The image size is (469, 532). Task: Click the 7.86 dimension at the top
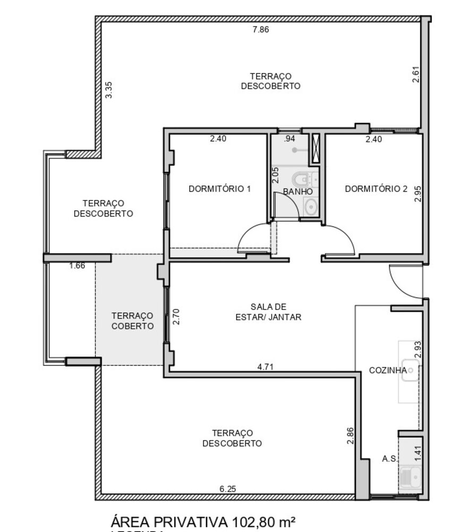click(260, 30)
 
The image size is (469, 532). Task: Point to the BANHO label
click(297, 191)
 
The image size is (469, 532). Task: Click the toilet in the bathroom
click(301, 179)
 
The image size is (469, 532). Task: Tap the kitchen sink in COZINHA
click(411, 370)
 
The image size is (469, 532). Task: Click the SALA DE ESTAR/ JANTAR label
click(269, 312)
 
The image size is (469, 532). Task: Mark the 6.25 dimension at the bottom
click(227, 488)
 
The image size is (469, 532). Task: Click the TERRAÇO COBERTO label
click(133, 321)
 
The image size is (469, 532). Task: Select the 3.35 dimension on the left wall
click(109, 89)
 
